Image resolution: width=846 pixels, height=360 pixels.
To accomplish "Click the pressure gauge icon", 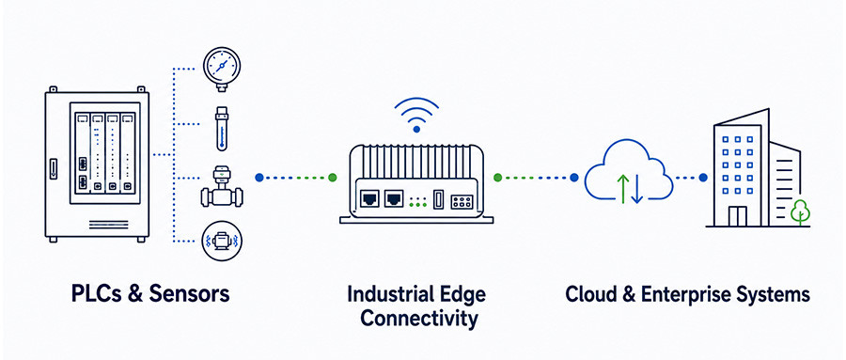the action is [x=222, y=68].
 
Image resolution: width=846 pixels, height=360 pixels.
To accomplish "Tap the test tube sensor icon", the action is [x=222, y=129].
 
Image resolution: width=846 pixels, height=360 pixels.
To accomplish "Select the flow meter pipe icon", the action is [x=222, y=187].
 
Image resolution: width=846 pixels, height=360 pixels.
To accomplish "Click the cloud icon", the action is [x=629, y=172].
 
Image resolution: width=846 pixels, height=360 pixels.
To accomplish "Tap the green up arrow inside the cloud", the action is [x=622, y=188].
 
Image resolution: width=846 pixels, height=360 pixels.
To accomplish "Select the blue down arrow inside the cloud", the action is [x=637, y=189].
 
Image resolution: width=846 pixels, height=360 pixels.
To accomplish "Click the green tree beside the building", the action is [x=800, y=211].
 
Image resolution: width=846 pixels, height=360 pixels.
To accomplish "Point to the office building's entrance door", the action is [x=738, y=216].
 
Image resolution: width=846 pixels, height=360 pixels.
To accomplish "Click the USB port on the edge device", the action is [x=438, y=199].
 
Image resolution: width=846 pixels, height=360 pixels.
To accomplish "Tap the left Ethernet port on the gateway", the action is [x=370, y=198].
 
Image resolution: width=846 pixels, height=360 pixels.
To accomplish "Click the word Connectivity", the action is [x=418, y=319].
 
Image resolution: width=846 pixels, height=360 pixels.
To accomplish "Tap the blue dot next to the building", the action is [x=702, y=177].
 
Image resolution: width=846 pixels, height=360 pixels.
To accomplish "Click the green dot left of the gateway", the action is [x=333, y=177].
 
